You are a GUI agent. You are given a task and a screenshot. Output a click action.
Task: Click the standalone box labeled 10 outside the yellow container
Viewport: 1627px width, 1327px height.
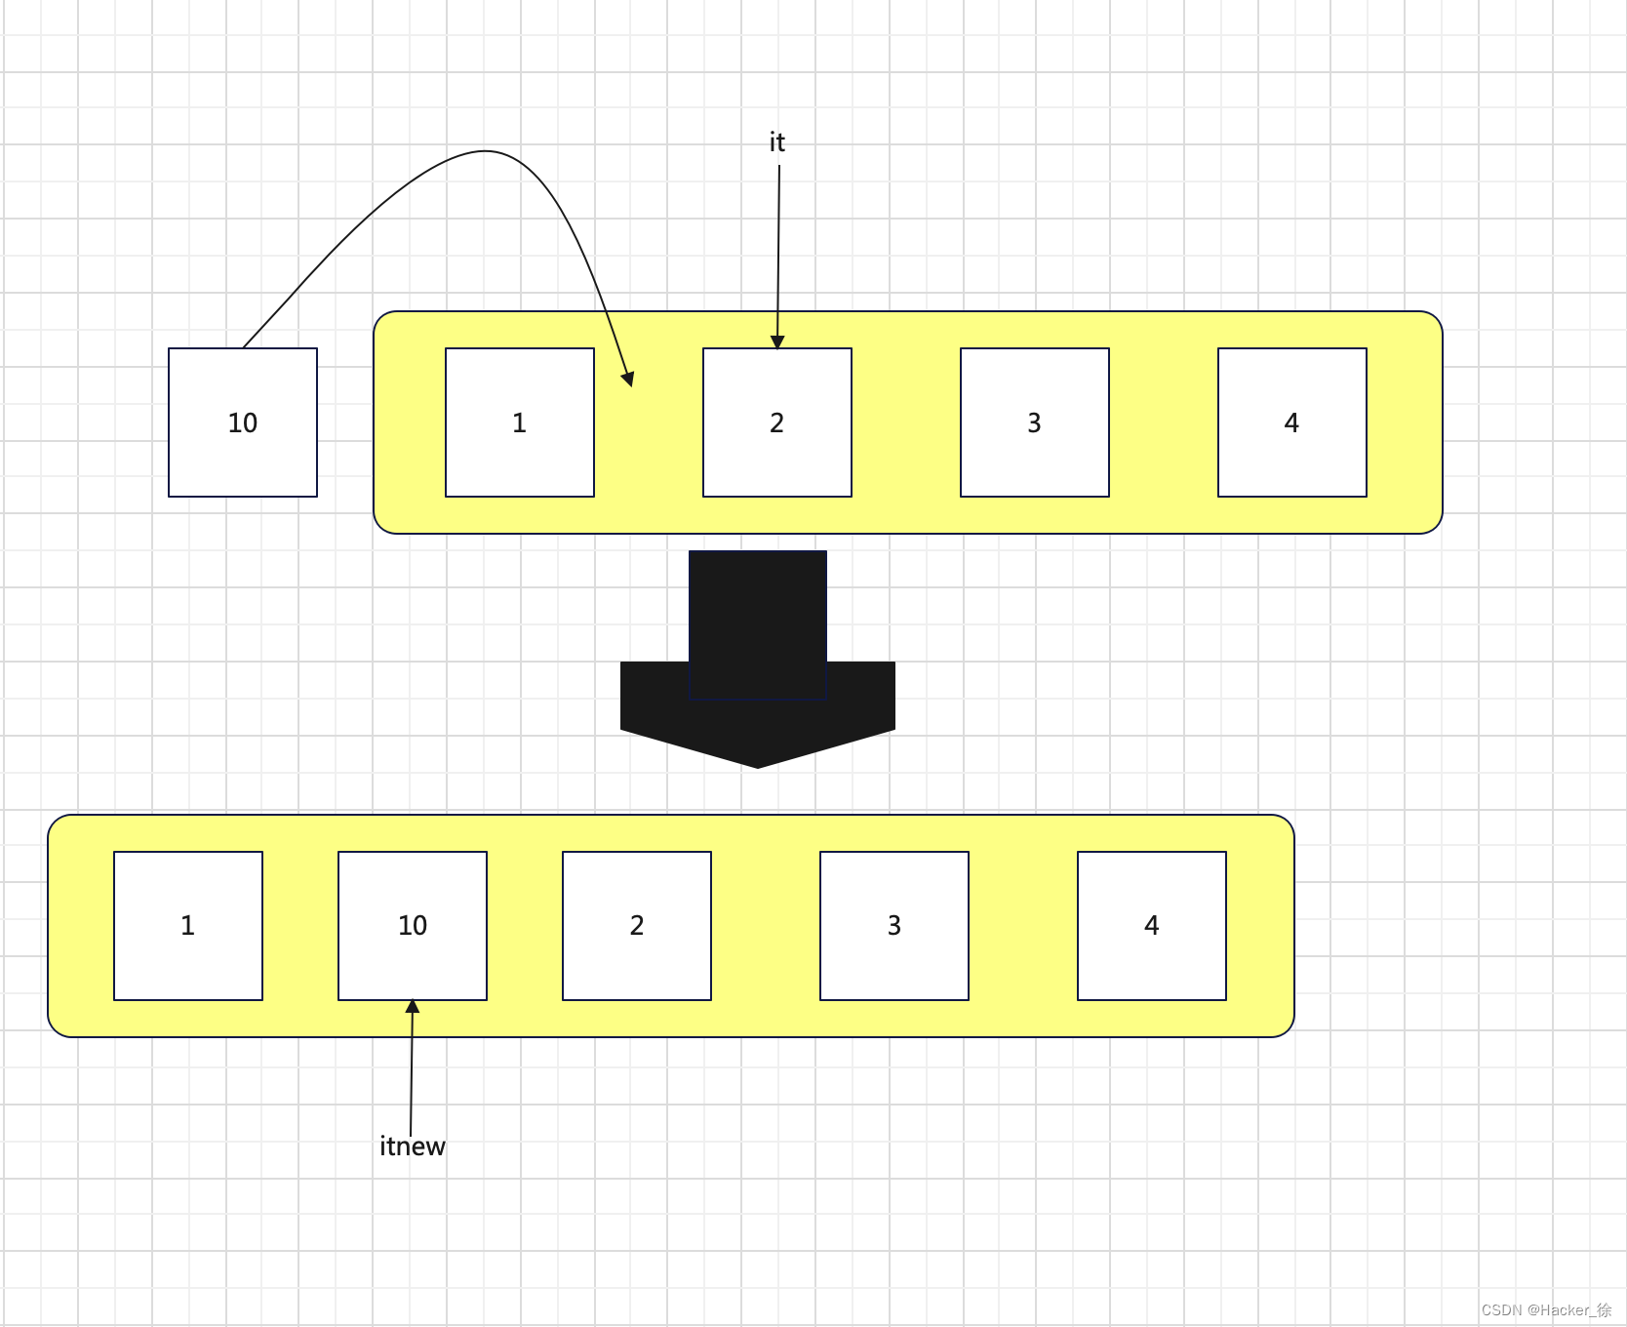[x=243, y=422]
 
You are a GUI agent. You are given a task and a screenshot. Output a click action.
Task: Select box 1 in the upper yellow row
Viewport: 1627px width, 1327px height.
[x=520, y=422]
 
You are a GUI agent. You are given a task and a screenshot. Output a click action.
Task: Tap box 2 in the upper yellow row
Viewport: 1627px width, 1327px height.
[x=777, y=422]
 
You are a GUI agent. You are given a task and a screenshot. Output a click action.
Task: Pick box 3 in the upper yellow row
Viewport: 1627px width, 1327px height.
[x=1035, y=422]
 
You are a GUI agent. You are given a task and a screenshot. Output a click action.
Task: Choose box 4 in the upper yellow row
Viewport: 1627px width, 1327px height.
[x=1292, y=422]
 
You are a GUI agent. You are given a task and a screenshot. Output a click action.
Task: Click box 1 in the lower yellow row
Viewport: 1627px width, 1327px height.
[x=188, y=926]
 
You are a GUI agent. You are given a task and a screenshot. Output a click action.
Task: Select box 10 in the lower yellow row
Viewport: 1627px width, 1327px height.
[x=413, y=926]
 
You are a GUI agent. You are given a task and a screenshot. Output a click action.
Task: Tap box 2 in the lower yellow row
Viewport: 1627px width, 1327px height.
[x=637, y=926]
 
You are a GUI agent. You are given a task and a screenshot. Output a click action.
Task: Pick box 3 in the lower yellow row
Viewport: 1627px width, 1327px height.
[x=894, y=926]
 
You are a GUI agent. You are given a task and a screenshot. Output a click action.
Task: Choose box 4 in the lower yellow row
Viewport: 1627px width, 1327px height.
[x=1152, y=926]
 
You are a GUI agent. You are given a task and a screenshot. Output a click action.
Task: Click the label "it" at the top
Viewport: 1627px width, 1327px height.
[x=776, y=142]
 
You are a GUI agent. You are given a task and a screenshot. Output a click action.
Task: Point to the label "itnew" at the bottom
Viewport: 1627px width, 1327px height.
[x=413, y=1146]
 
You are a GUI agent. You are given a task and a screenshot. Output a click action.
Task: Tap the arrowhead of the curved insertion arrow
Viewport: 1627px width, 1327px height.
[x=629, y=379]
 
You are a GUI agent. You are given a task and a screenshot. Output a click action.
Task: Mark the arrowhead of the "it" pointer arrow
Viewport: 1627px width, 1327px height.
[x=777, y=342]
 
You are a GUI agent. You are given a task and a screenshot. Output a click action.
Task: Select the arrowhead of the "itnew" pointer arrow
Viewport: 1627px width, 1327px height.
[x=413, y=1007]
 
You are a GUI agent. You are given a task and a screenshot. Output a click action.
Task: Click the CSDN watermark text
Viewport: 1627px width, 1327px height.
[x=1546, y=1309]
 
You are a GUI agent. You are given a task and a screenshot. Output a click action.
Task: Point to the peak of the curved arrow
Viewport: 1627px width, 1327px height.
[x=486, y=151]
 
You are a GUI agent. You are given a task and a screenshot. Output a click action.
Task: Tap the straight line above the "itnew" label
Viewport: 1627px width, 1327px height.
[x=412, y=1073]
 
